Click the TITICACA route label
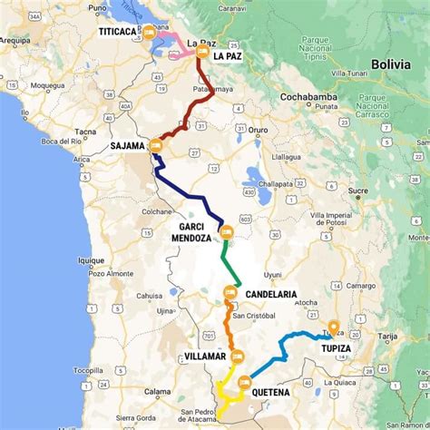[x=124, y=30]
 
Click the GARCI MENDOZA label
[x=191, y=231]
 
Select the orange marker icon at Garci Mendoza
[x=226, y=234]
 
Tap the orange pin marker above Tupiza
[x=333, y=327]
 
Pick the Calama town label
[x=158, y=391]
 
